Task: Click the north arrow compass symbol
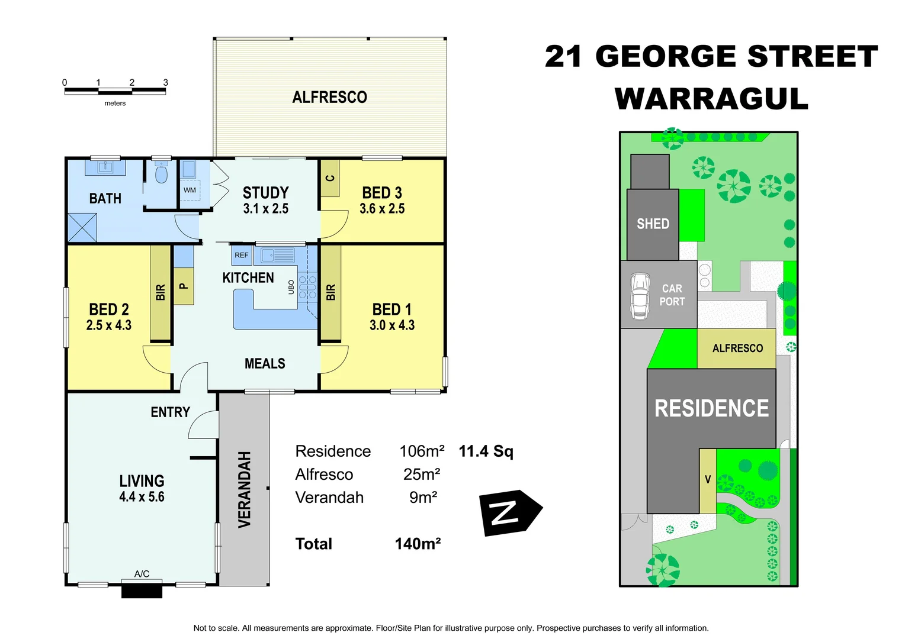[x=508, y=512]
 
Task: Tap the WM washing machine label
[x=190, y=191]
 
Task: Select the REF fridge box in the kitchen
[x=242, y=255]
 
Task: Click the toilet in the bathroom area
[x=161, y=175]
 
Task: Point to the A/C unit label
[x=142, y=574]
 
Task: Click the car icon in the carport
[x=640, y=296]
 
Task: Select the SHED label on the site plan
[x=653, y=224]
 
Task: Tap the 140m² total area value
[x=418, y=544]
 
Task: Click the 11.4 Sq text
[x=486, y=451]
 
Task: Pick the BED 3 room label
[x=382, y=193]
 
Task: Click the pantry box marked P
[x=184, y=286]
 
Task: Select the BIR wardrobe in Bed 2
[x=161, y=292]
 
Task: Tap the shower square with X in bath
[x=82, y=227]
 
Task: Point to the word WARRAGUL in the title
[x=711, y=99]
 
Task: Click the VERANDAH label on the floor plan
[x=245, y=489]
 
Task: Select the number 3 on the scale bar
[x=166, y=82]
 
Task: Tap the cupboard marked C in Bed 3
[x=330, y=178]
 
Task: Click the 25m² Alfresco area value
[x=422, y=475]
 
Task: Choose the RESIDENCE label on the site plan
[x=711, y=408]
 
